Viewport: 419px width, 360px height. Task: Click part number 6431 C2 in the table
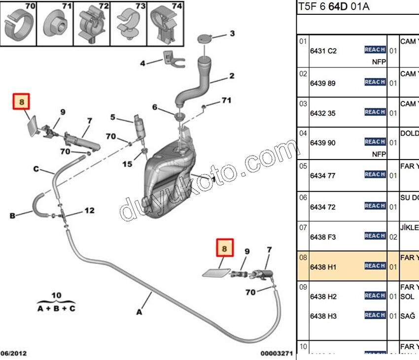tap(323, 51)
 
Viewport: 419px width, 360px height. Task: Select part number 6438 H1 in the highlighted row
tap(323, 267)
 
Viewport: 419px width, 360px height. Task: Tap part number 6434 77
tap(323, 175)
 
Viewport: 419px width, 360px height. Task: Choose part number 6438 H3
tap(323, 316)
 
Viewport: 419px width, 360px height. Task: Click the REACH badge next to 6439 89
tap(375, 82)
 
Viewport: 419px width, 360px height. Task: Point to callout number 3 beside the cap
tap(232, 34)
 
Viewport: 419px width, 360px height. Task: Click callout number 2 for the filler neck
tap(231, 76)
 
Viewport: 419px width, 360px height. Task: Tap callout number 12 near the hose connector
tap(89, 211)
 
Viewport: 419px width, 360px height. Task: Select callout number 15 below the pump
tap(128, 164)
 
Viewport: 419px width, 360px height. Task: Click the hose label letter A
tap(139, 312)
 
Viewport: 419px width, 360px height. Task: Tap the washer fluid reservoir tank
tap(170, 177)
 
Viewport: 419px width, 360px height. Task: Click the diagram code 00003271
tap(276, 354)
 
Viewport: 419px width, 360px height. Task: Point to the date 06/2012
tap(14, 354)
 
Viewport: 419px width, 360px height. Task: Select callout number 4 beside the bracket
tap(142, 63)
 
